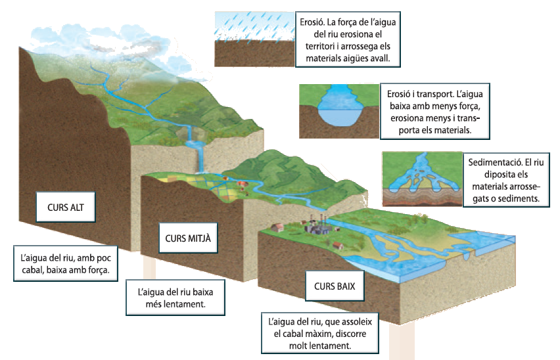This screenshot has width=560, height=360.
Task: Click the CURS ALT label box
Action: click(x=66, y=207)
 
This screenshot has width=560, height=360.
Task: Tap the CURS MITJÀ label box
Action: click(x=188, y=238)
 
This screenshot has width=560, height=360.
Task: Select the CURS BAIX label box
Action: click(x=335, y=286)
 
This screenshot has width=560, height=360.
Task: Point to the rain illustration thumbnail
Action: click(x=254, y=39)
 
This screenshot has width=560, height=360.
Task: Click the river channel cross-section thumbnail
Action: click(x=339, y=111)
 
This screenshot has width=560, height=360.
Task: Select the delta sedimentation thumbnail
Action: click(x=422, y=179)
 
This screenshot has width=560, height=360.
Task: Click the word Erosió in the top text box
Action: click(x=312, y=22)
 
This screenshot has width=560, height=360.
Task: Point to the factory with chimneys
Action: click(x=316, y=225)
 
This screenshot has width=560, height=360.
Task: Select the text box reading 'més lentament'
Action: click(x=175, y=298)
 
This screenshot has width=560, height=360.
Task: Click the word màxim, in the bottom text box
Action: click(x=315, y=334)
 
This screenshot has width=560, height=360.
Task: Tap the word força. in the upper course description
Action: click(x=97, y=270)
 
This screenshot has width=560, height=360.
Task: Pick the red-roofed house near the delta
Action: click(x=338, y=246)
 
